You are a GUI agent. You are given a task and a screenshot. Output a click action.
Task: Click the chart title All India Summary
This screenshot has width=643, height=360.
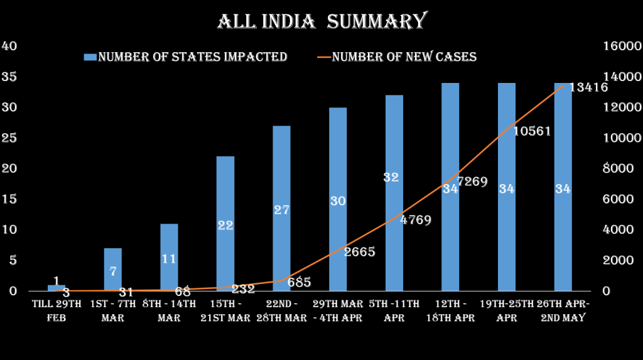(321, 21)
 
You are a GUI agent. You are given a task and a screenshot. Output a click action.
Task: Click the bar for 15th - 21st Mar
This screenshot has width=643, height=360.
(225, 224)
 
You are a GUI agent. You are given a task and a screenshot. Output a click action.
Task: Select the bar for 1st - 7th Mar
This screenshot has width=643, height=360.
(113, 270)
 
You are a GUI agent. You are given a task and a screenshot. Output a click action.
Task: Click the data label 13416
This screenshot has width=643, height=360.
(588, 87)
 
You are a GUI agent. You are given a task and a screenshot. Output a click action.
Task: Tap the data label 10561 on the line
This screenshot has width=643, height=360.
(532, 131)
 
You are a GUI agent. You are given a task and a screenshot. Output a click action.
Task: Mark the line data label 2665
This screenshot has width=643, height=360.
(359, 252)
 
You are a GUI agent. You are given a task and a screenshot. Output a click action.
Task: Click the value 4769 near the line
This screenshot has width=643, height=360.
(416, 221)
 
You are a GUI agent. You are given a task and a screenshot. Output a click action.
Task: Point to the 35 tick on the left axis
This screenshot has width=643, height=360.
(11, 77)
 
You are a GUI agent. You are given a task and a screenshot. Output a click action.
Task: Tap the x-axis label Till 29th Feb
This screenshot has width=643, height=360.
(57, 311)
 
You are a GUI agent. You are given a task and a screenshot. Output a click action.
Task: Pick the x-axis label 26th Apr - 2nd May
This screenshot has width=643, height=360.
(563, 311)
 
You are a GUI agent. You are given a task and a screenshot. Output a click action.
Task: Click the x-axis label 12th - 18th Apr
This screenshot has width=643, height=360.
(450, 311)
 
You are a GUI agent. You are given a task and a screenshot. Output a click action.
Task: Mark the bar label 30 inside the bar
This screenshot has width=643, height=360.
(338, 201)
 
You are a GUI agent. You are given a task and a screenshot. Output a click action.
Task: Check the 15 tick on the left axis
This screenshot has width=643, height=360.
(11, 199)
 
